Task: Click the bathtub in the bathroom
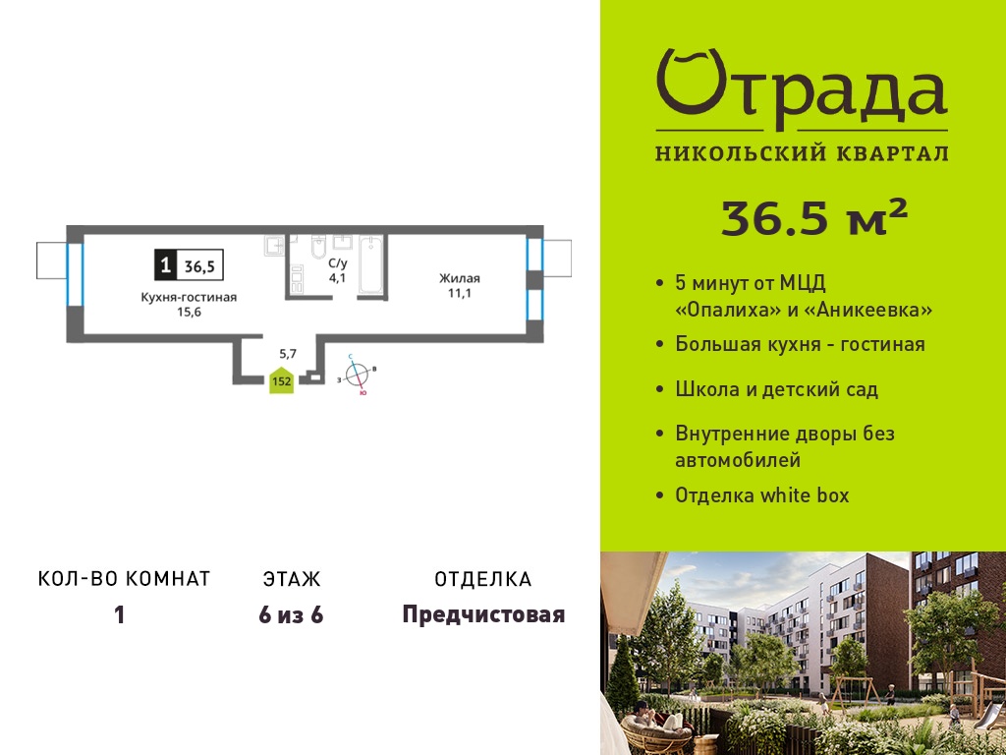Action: pyautogui.click(x=370, y=265)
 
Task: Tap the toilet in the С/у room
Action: pyautogui.click(x=319, y=247)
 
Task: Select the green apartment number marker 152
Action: pyautogui.click(x=282, y=380)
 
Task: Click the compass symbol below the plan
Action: pyautogui.click(x=358, y=375)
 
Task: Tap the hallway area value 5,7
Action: pyautogui.click(x=288, y=352)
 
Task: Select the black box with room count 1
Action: pyautogui.click(x=165, y=265)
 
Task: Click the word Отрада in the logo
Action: pyautogui.click(x=802, y=87)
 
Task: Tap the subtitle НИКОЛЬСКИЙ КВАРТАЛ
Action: pyautogui.click(x=802, y=152)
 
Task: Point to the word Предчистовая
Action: pyautogui.click(x=483, y=614)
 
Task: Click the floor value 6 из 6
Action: pyautogui.click(x=291, y=615)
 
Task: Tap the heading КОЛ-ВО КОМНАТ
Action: pyautogui.click(x=125, y=578)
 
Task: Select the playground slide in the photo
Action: pyautogui.click(x=989, y=714)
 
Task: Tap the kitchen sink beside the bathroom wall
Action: pyautogui.click(x=275, y=245)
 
